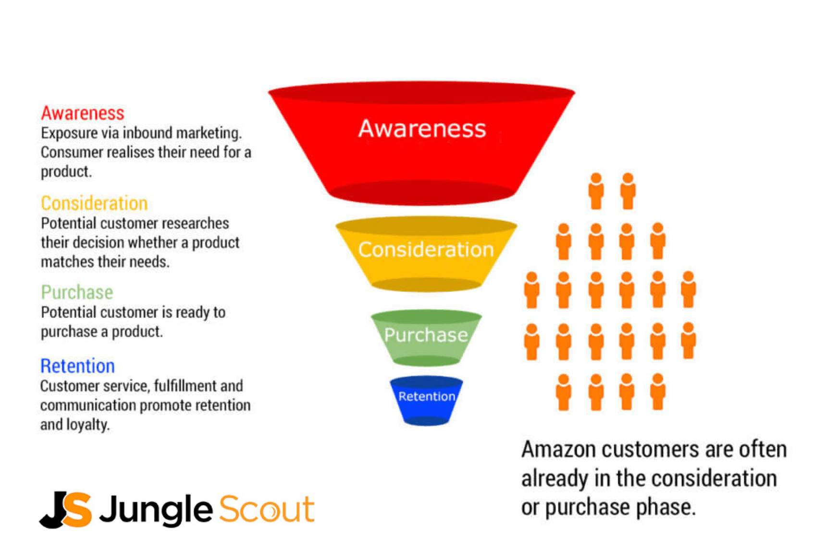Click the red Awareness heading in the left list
83,113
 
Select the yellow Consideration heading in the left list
94,203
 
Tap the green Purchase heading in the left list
77,292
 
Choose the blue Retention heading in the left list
77,366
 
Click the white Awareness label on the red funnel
422,128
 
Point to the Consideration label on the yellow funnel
426,250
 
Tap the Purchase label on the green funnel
426,335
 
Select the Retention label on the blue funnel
427,396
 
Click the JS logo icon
65,509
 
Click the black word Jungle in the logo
156,510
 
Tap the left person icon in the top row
596,191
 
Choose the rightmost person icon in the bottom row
658,392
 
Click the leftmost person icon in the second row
564,241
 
